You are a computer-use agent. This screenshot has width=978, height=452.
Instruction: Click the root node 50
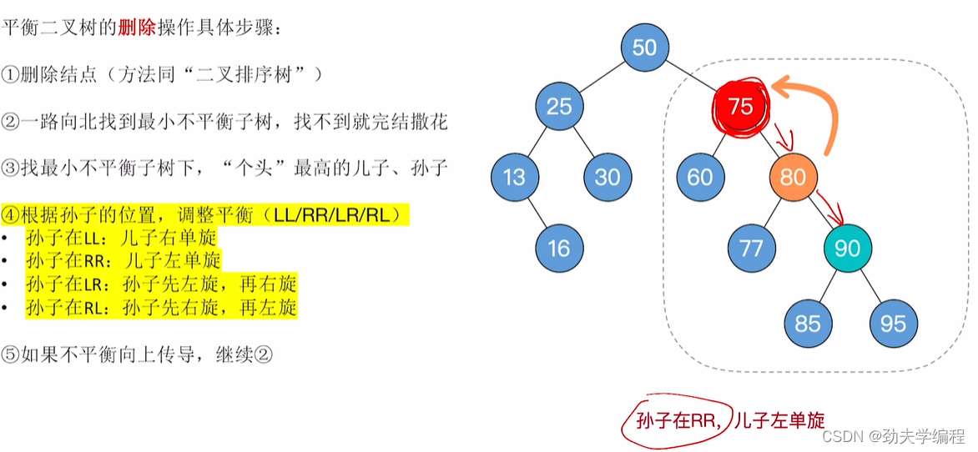[645, 48]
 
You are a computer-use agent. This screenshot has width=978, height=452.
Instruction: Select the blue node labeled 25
[560, 105]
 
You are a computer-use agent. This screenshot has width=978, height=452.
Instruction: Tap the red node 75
[740, 106]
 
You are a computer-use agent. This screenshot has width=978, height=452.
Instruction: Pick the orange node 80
[794, 176]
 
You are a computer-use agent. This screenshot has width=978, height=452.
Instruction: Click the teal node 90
[848, 248]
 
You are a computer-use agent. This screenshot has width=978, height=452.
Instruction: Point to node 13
[515, 176]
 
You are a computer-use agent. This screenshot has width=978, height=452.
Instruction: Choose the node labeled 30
[608, 176]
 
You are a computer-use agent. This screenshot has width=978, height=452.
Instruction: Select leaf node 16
[560, 248]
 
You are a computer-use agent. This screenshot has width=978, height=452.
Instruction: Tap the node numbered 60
[700, 176]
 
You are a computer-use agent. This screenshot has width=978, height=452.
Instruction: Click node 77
[752, 248]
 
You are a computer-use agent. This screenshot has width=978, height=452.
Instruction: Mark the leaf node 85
[808, 322]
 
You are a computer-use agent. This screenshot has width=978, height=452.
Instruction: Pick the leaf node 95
[893, 322]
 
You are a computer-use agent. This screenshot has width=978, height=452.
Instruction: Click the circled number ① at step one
[10, 74]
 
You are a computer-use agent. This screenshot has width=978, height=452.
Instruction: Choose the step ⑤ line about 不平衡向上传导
[138, 354]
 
